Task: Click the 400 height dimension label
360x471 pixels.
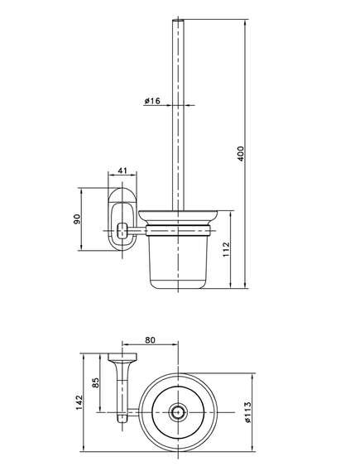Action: pyautogui.click(x=241, y=153)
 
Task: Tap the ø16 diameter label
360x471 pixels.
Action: pyautogui.click(x=152, y=101)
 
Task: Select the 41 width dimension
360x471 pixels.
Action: pyautogui.click(x=122, y=171)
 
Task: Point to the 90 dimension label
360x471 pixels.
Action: pyautogui.click(x=77, y=219)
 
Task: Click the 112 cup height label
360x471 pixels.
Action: pyautogui.click(x=226, y=249)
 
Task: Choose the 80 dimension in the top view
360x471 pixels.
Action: pyautogui.click(x=150, y=340)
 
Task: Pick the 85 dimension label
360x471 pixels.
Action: pyautogui.click(x=95, y=382)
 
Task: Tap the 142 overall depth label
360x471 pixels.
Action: pyautogui.click(x=79, y=402)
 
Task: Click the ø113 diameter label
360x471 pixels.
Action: pyautogui.click(x=247, y=412)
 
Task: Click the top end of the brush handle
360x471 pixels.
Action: pyautogui.click(x=178, y=20)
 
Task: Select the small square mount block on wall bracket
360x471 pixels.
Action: pyautogui.click(x=122, y=231)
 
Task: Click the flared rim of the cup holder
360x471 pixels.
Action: pyautogui.click(x=179, y=217)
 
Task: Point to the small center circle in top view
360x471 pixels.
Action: pyautogui.click(x=179, y=412)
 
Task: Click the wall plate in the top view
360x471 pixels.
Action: pyautogui.click(x=122, y=357)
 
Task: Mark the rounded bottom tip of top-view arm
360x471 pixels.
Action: pyautogui.click(x=122, y=421)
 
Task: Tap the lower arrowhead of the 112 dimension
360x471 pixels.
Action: pyautogui.click(x=231, y=285)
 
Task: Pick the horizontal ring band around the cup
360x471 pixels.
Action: pyautogui.click(x=179, y=231)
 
